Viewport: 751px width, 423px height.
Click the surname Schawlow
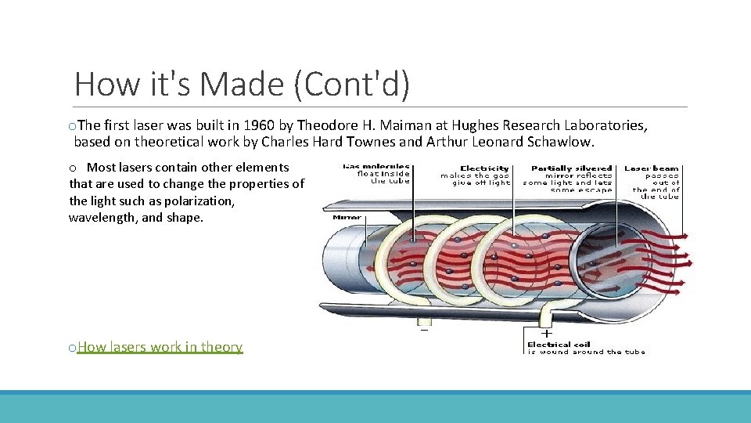[559, 143]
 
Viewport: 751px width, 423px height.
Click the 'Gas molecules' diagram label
[376, 168]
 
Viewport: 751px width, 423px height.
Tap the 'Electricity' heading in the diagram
[485, 168]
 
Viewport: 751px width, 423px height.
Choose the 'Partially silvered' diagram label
[573, 168]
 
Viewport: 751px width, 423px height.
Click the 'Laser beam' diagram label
[652, 168]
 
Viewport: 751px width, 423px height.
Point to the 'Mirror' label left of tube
[347, 217]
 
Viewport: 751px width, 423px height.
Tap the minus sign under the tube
[424, 329]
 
